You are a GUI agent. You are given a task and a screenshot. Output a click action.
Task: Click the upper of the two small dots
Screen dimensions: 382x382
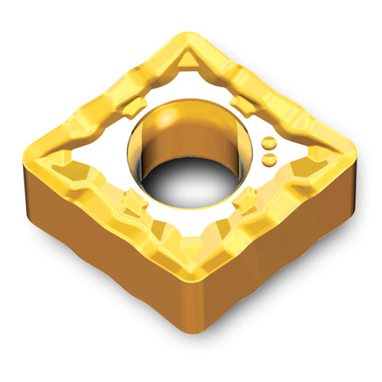tap(269, 143)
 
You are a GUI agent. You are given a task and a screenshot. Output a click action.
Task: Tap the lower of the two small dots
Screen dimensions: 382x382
tap(269, 157)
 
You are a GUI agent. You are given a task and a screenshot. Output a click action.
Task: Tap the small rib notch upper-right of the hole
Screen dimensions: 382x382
tap(239, 103)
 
